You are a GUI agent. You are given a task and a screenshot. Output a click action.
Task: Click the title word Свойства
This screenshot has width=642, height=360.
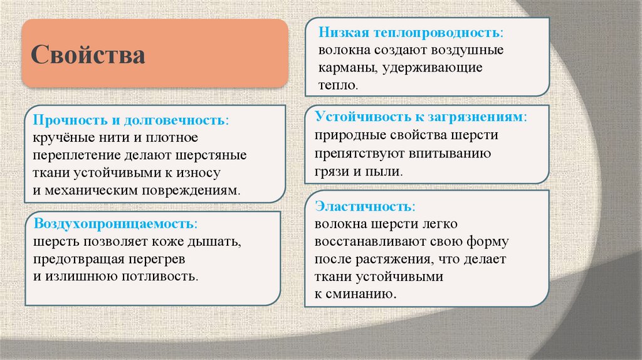point(88,55)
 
